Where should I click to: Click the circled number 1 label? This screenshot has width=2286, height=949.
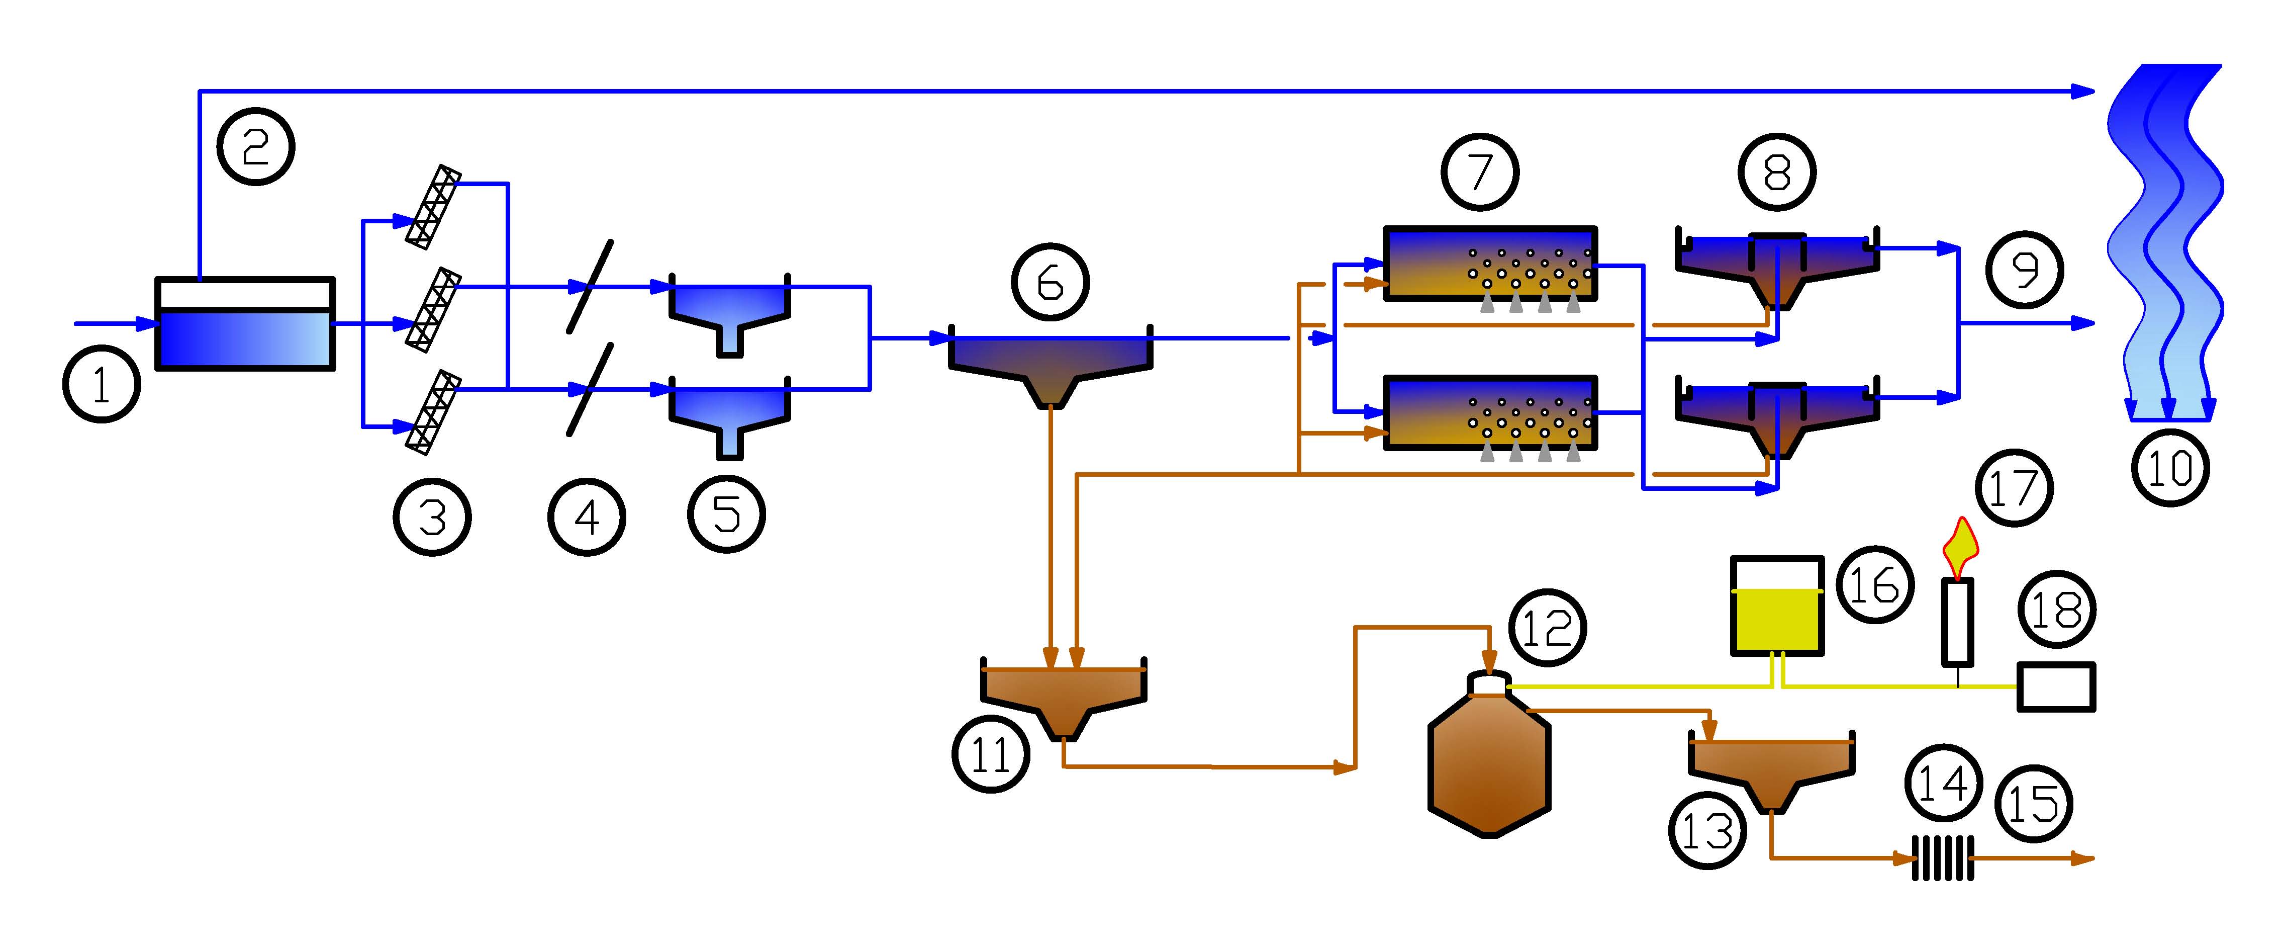pos(101,384)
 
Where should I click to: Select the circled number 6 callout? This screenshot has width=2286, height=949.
pos(1050,282)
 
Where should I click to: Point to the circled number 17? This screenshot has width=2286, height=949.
pos(2014,487)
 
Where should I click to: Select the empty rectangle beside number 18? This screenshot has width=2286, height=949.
pos(2056,687)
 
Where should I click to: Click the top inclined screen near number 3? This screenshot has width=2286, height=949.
pos(434,206)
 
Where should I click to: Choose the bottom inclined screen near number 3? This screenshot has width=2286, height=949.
pos(434,412)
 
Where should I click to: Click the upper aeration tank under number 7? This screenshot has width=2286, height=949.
pos(1490,264)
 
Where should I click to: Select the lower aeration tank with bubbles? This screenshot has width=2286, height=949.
pos(1490,413)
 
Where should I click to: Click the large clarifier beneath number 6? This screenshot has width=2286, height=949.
pos(1051,364)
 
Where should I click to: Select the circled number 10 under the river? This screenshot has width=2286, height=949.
pos(2170,468)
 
